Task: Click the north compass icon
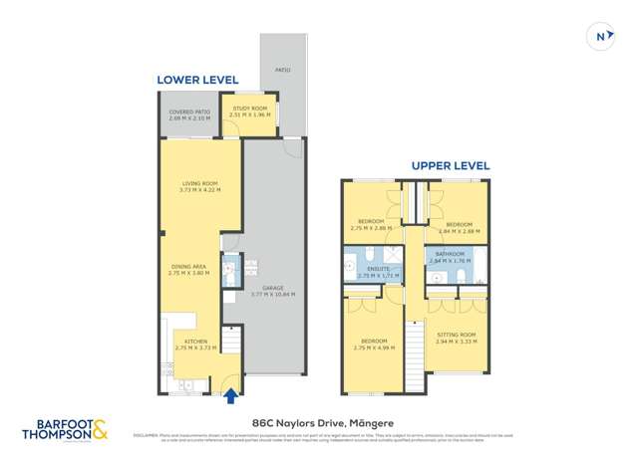click(x=600, y=37)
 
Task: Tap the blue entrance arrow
click(x=232, y=396)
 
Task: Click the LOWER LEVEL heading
click(x=197, y=80)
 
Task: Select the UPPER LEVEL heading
click(x=451, y=165)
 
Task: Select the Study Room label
click(x=249, y=111)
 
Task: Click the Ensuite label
click(x=379, y=270)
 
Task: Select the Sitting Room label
click(x=457, y=338)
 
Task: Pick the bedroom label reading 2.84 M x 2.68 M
click(x=459, y=228)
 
